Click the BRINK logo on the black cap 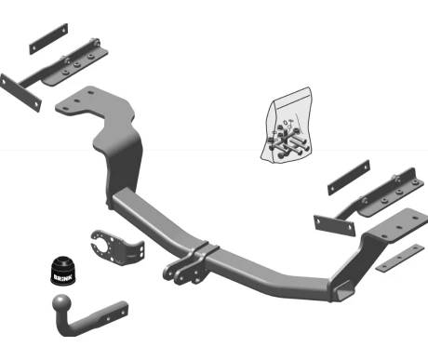[x=63, y=277]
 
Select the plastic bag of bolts [x=287, y=125]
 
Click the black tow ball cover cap [x=63, y=270]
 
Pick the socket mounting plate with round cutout [x=117, y=247]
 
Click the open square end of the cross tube [x=343, y=291]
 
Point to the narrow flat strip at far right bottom [x=400, y=258]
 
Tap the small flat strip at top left [x=48, y=39]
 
